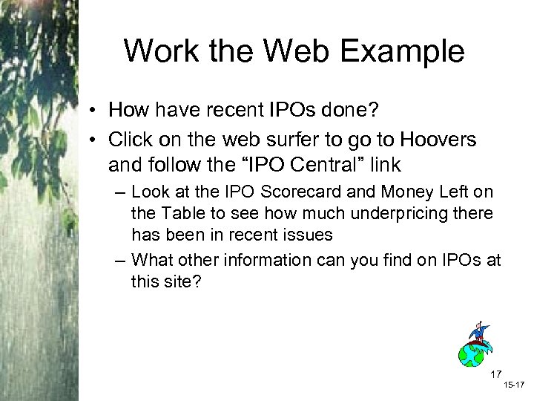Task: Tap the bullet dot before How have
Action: coord(95,111)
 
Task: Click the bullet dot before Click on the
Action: coord(95,141)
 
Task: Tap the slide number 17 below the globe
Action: coord(497,374)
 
